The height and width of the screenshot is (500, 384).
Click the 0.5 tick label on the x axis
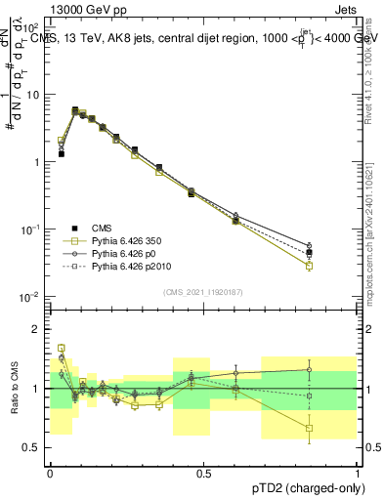pos(203,474)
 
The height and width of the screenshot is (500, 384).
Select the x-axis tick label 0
pos(50,474)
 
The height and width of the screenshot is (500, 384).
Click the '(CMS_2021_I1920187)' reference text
pos(203,291)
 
